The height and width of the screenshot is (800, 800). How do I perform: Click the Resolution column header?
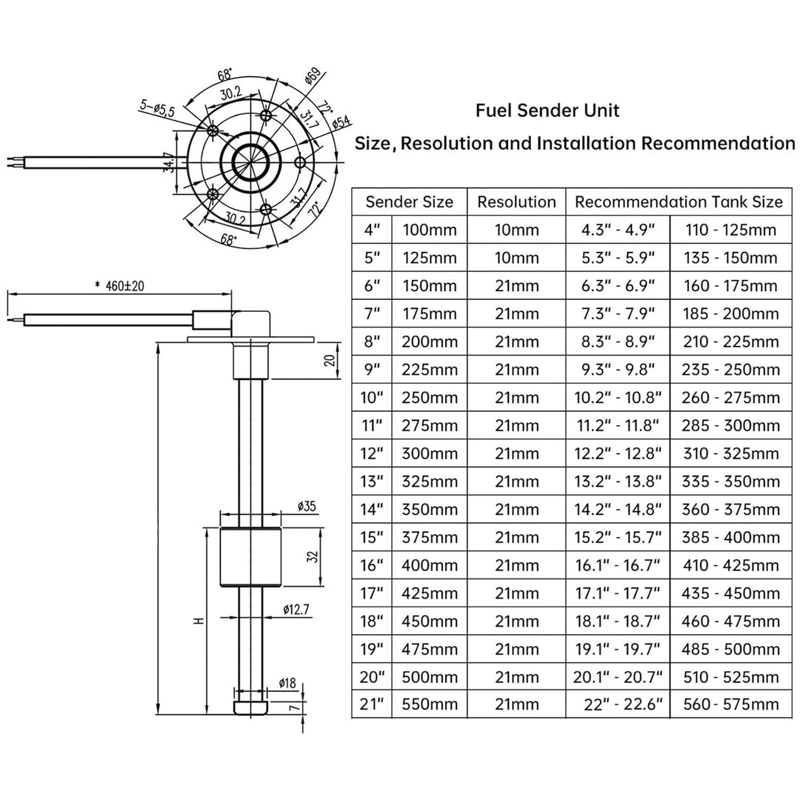(x=516, y=202)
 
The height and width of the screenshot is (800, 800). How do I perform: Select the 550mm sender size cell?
(x=430, y=704)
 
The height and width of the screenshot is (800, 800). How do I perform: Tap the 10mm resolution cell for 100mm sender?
(x=516, y=230)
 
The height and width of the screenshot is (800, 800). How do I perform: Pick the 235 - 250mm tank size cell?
(x=730, y=370)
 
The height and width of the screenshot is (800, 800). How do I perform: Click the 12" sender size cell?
(x=372, y=453)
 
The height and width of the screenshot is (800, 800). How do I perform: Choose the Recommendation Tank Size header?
(x=679, y=202)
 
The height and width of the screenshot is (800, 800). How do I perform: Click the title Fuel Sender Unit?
(x=547, y=110)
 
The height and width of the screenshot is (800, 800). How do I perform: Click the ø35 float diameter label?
(x=307, y=506)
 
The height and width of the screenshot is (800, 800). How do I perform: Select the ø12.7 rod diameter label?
(x=296, y=609)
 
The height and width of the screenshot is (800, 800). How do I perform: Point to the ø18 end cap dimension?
(x=287, y=683)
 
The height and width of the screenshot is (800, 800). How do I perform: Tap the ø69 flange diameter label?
(x=313, y=76)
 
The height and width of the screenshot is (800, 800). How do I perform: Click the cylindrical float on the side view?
(x=250, y=556)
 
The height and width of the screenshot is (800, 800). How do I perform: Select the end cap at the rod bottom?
(x=250, y=707)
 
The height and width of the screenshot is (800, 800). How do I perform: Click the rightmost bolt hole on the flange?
(x=301, y=163)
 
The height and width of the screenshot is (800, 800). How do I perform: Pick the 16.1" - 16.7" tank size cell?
(x=618, y=565)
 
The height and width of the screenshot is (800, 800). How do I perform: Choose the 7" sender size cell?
(x=372, y=314)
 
